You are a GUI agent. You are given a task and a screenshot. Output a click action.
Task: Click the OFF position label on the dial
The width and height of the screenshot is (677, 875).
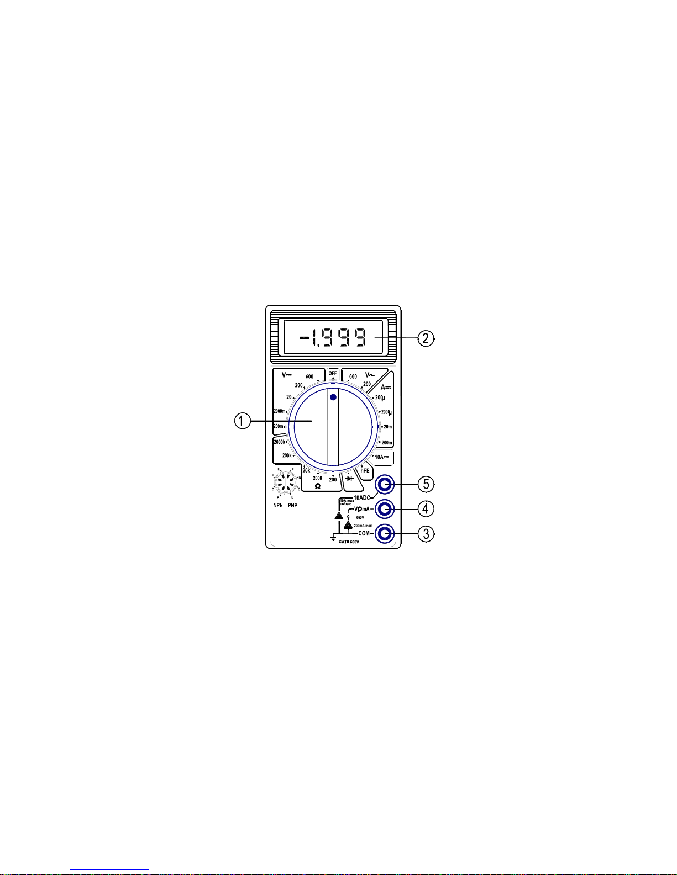point(333,373)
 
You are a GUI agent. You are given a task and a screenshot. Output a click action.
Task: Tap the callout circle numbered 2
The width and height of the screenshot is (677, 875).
point(426,338)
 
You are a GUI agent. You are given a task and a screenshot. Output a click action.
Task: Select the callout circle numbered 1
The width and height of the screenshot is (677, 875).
point(240,421)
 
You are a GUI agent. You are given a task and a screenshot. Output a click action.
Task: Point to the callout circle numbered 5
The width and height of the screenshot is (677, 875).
point(426,484)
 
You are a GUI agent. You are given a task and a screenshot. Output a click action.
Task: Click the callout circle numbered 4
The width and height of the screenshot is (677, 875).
point(426,508)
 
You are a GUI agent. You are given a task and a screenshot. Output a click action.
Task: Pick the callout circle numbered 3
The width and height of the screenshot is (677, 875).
point(426,533)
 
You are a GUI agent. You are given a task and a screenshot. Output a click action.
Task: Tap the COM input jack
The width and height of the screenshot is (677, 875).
point(384,533)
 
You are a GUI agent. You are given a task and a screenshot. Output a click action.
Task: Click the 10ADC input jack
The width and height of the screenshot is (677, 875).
point(384,485)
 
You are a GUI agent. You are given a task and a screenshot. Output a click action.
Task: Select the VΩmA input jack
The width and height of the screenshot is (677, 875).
point(384,508)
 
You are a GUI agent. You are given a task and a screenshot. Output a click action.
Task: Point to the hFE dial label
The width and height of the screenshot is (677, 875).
point(365,471)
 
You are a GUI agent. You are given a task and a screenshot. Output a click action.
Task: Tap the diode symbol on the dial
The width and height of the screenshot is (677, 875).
point(349,479)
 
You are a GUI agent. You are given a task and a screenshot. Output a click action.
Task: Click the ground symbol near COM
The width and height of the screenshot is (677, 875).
point(333,538)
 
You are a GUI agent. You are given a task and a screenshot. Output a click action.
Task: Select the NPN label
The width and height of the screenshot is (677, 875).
point(277,505)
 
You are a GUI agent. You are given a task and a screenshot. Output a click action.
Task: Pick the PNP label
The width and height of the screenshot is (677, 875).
point(292,505)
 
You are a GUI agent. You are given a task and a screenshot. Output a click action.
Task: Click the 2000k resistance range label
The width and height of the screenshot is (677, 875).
point(280,442)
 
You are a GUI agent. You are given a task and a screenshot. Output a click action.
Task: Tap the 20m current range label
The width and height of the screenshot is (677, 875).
point(387,426)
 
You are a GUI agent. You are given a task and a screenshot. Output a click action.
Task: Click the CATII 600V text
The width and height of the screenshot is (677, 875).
point(349,542)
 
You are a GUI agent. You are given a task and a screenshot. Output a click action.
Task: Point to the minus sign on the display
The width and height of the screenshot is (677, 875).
point(304,337)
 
